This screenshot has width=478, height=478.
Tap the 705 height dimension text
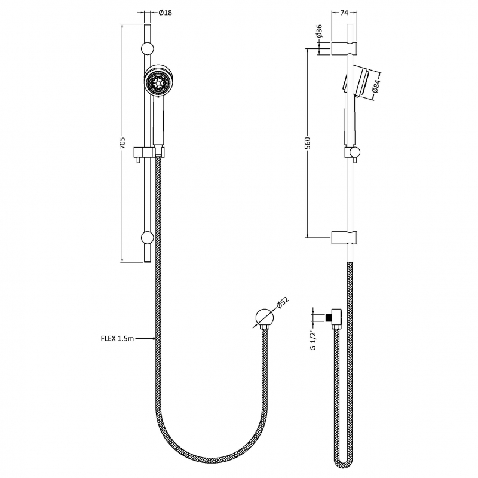(121, 143)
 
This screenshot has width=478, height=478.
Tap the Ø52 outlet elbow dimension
(283, 304)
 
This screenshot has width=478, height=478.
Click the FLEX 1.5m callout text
(117, 339)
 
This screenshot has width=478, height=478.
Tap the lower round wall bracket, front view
(147, 238)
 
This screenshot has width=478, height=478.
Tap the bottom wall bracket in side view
(346, 237)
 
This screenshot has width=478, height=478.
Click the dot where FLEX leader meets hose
(154, 339)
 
